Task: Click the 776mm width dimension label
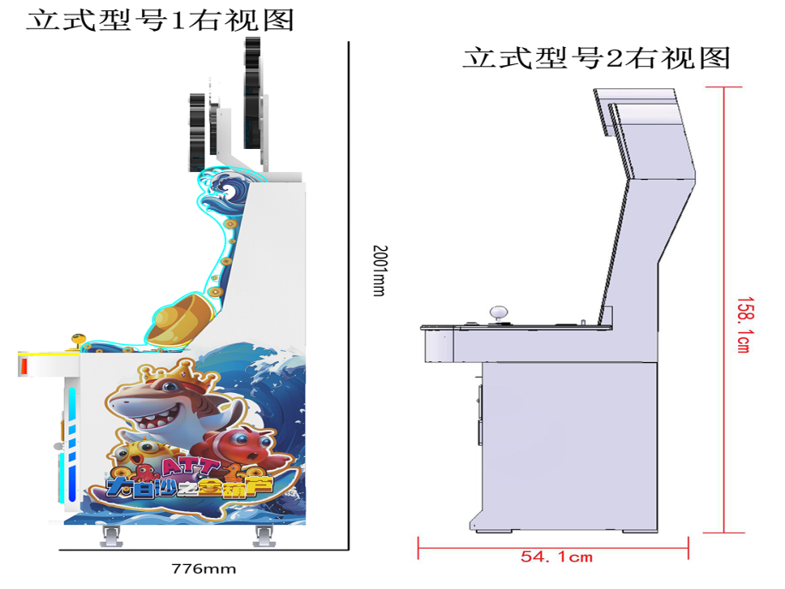pyautogui.click(x=203, y=568)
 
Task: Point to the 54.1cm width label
pyautogui.click(x=556, y=556)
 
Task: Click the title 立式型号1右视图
pyautogui.click(x=159, y=20)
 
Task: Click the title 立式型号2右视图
pyautogui.click(x=596, y=57)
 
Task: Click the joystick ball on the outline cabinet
pyautogui.click(x=496, y=312)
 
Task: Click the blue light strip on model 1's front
pyautogui.click(x=72, y=445)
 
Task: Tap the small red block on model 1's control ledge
pyautogui.click(x=25, y=366)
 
